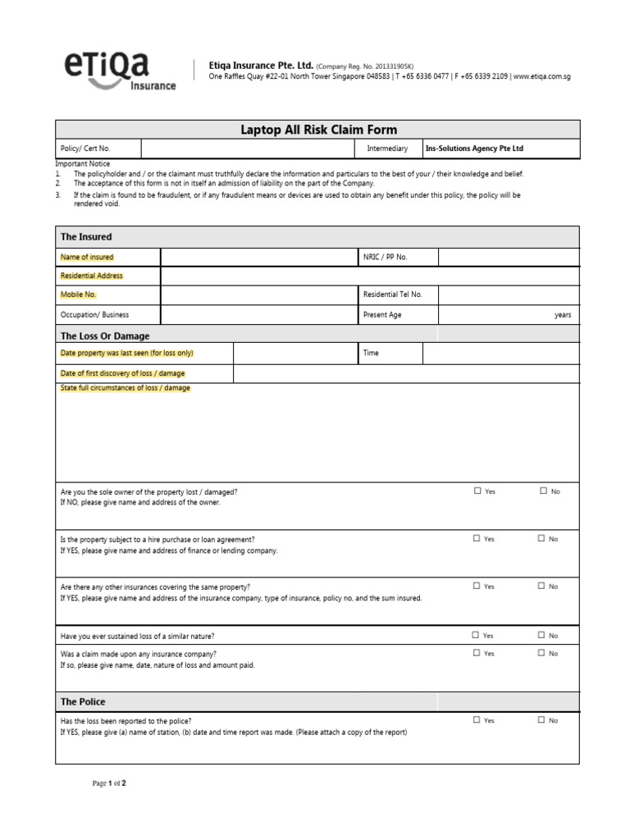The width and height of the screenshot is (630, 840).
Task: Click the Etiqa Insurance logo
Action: click(x=121, y=71)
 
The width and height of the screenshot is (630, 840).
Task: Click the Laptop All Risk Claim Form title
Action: click(x=317, y=130)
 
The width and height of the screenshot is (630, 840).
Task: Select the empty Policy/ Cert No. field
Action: click(x=248, y=148)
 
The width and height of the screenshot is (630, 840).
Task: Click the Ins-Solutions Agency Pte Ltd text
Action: click(x=474, y=148)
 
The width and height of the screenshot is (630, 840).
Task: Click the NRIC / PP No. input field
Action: click(x=508, y=257)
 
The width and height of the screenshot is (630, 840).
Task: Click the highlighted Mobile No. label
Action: click(x=79, y=294)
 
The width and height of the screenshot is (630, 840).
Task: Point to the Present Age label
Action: click(x=382, y=315)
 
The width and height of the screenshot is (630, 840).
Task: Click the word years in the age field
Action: click(x=563, y=315)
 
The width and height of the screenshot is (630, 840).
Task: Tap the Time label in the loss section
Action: click(x=371, y=353)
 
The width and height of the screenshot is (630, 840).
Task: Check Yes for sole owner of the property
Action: click(x=477, y=491)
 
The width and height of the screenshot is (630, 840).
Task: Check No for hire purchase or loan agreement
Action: click(x=541, y=538)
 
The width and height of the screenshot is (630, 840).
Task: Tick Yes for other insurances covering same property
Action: click(x=477, y=586)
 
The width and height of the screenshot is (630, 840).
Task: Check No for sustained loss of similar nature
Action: click(x=541, y=635)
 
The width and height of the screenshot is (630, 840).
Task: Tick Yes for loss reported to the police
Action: click(x=477, y=719)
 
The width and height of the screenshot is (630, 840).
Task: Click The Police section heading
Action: click(x=83, y=702)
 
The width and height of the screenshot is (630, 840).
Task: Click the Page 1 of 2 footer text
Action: click(x=109, y=783)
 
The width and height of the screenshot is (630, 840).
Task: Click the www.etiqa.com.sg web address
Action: click(x=542, y=76)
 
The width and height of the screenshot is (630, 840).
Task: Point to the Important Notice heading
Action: click(x=82, y=164)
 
